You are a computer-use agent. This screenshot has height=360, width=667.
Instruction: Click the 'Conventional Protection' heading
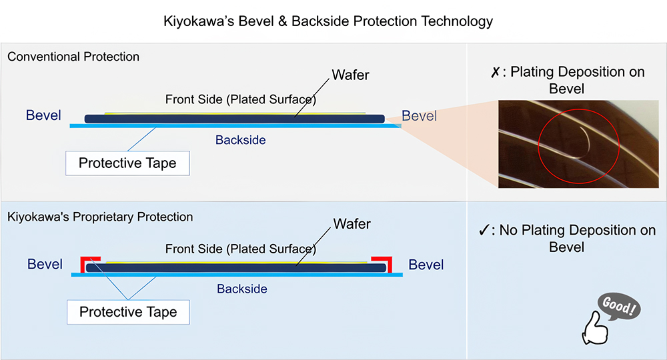[x=73, y=57]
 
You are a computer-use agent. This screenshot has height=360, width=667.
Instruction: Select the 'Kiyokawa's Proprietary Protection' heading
[x=100, y=217]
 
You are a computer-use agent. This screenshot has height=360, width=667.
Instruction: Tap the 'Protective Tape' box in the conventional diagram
[x=127, y=163]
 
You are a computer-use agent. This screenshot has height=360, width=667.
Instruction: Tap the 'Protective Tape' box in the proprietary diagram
[x=128, y=312]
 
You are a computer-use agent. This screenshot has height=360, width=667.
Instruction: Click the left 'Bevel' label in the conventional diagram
[x=43, y=115]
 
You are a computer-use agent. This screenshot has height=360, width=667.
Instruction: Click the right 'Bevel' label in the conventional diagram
[x=419, y=116]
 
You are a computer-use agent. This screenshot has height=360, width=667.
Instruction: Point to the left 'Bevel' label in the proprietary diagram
[x=45, y=265]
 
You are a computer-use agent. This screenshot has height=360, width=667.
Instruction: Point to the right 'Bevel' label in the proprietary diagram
[x=426, y=265]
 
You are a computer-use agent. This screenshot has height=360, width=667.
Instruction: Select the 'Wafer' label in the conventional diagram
[x=351, y=75]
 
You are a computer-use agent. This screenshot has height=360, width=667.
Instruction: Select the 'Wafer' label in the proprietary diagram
[x=352, y=224]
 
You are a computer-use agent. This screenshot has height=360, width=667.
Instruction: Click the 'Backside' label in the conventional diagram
[x=240, y=140]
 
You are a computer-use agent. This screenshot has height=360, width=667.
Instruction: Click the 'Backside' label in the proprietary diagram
[x=241, y=289]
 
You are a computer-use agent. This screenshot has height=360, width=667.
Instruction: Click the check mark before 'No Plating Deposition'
[x=485, y=231]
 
